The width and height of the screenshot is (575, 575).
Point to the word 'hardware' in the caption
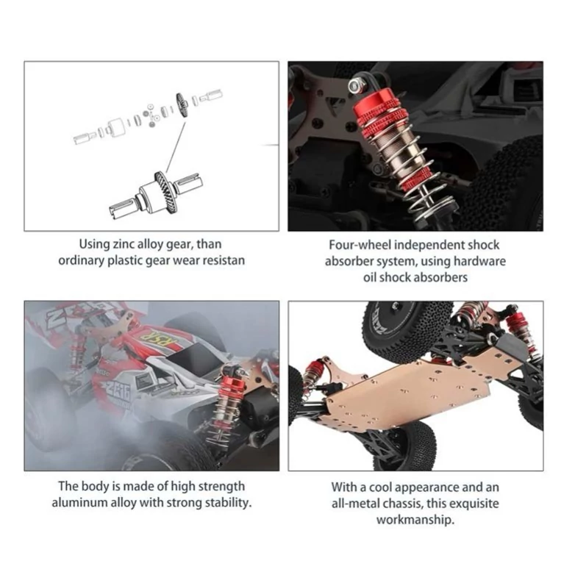479,261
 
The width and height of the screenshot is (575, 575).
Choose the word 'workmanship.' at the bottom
415,520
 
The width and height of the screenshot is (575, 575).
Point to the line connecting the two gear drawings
175,146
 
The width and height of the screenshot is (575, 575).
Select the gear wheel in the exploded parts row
182,105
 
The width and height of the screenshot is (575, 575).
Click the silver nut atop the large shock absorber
354,85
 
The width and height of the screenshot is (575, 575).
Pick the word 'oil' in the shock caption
370,277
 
